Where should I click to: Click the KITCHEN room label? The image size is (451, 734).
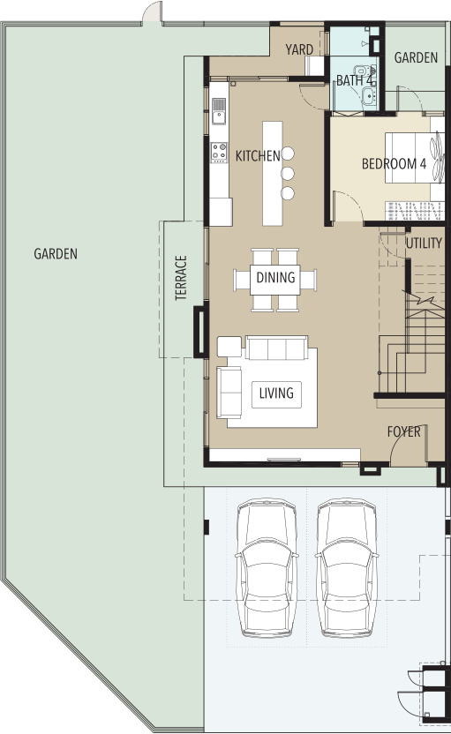click(258, 156)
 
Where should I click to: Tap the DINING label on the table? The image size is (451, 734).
click(275, 277)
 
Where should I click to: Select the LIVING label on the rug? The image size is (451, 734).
click(276, 393)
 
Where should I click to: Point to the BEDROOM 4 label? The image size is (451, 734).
click(394, 164)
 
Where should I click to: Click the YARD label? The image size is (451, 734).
click(299, 49)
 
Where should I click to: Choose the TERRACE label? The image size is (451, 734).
click(181, 278)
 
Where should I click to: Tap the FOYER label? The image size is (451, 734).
click(403, 431)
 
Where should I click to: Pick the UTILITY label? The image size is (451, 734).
click(424, 243)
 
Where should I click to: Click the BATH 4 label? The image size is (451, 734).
click(355, 80)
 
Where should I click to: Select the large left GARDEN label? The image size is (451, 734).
click(56, 254)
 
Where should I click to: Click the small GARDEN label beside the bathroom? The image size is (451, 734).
click(416, 57)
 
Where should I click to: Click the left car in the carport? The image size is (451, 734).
click(267, 568)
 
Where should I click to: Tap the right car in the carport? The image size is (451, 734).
click(347, 568)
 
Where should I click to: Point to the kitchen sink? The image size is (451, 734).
click(219, 111)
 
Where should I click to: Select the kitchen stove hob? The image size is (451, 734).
click(219, 153)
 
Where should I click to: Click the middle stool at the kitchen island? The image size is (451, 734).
click(288, 174)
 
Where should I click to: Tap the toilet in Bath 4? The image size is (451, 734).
click(364, 71)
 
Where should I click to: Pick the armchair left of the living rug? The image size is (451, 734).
click(229, 393)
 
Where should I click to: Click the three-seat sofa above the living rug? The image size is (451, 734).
click(276, 348)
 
